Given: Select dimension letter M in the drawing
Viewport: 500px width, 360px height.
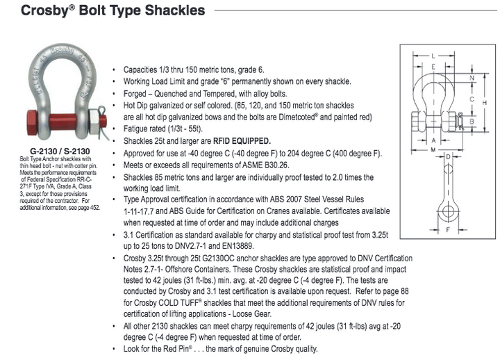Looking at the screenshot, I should [433, 149].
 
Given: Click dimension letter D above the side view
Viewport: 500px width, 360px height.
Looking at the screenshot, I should [447, 158].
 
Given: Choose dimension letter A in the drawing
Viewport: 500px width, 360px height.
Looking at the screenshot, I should [433, 138].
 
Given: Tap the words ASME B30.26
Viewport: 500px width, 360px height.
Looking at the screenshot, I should [265, 165].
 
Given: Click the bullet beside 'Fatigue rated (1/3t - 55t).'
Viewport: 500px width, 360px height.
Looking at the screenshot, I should [115, 130].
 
